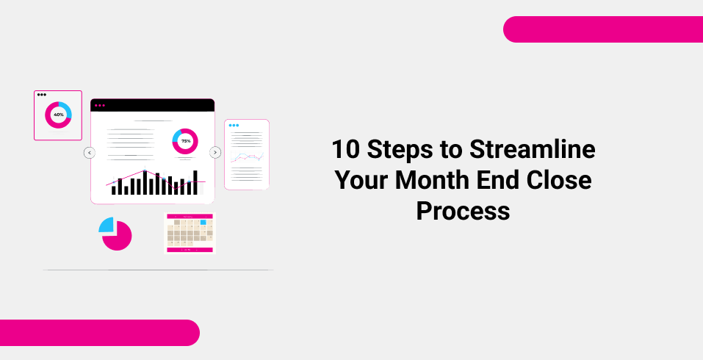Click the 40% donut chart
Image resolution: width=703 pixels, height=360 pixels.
click(58, 115)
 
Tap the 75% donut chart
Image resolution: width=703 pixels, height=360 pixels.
click(185, 141)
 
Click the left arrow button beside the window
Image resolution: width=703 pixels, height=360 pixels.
click(90, 153)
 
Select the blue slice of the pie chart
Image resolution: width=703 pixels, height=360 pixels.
click(106, 225)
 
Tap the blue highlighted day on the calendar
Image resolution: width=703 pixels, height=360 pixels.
click(203, 222)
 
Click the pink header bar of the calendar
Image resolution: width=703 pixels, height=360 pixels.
click(189, 216)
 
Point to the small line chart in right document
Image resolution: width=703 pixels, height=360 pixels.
click(246, 157)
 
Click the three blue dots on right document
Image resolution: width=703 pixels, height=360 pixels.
click(234, 126)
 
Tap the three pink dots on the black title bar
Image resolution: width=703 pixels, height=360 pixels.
click(100, 106)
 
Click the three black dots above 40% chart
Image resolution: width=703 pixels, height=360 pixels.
click(42, 95)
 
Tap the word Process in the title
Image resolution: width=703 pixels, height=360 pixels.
click(463, 211)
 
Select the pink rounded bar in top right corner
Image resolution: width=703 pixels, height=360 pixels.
click(602, 29)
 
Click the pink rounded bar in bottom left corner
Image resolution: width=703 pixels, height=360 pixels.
click(99, 332)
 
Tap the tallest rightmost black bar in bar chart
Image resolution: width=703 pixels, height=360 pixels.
click(195, 182)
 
